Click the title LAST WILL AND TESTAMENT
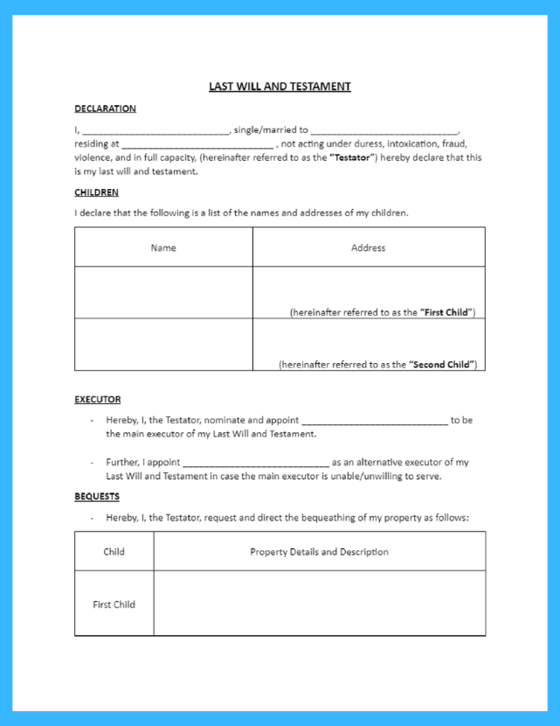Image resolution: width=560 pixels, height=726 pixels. pos(280,87)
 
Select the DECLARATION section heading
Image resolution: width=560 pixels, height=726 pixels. pos(105,108)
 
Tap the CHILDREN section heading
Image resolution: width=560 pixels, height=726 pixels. pos(96,192)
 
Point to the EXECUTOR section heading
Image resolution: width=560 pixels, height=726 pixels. pos(97,400)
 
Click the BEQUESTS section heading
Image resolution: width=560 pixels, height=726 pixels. pos(96,497)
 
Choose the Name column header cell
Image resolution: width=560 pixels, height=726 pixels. pos(163,248)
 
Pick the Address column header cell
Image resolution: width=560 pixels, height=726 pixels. pos(368,248)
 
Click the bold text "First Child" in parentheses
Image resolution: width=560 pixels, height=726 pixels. pos(446,312)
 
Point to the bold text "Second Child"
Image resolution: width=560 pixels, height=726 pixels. pos(442,365)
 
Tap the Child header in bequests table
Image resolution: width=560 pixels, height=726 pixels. pos(114,552)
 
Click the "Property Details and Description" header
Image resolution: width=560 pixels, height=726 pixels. pos(319,552)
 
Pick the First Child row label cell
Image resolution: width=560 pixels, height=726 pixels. pos(114,604)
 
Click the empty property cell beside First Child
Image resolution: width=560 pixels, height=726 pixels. pos(319,604)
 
